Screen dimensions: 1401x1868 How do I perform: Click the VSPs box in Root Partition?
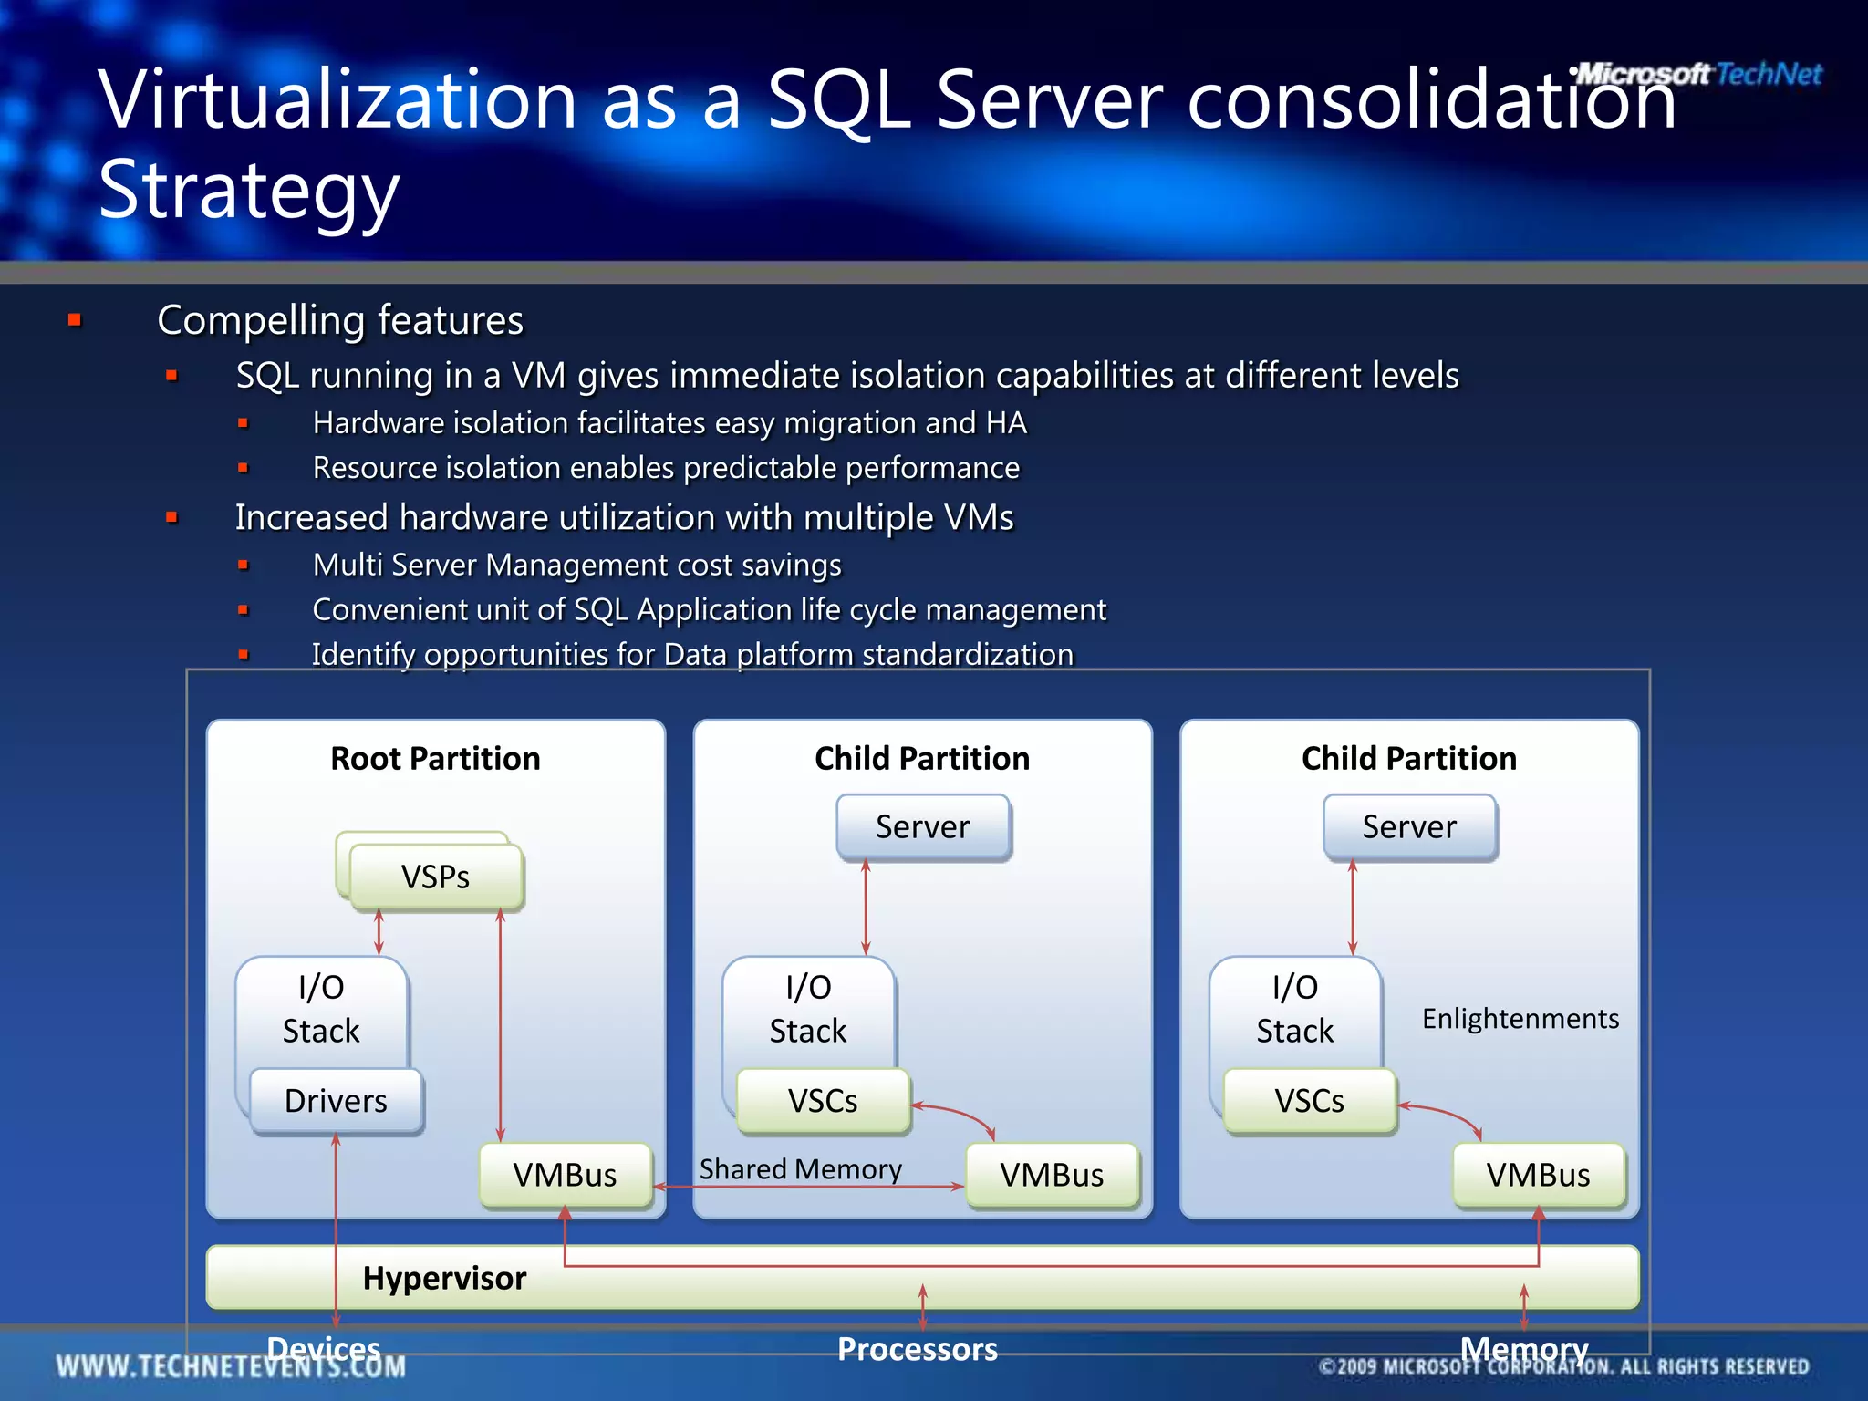click(436, 877)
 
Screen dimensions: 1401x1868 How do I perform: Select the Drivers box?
click(336, 1101)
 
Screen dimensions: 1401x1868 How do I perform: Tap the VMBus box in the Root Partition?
click(565, 1175)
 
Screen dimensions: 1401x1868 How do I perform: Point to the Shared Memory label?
click(800, 1169)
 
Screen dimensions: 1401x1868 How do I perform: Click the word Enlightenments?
click(1520, 1018)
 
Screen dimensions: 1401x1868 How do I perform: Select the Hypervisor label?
click(444, 1278)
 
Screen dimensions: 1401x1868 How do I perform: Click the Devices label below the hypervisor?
click(323, 1349)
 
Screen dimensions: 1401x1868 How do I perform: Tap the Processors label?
click(917, 1349)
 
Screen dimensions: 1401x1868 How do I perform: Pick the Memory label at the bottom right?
click(1523, 1349)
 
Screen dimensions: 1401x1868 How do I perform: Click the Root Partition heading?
click(435, 758)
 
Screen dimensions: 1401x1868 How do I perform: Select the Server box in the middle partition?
click(923, 826)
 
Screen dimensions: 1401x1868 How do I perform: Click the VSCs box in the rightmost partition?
click(1309, 1101)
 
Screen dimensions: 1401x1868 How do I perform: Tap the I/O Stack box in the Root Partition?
click(321, 1009)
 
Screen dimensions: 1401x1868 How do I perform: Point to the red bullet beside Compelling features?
click(75, 320)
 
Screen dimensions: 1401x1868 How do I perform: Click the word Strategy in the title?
click(249, 190)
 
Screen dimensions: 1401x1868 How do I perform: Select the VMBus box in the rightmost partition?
click(1538, 1175)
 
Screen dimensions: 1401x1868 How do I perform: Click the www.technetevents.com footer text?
click(231, 1366)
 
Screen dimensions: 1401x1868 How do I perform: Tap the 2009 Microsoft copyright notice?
click(1563, 1366)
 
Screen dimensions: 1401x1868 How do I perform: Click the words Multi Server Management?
click(483, 565)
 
